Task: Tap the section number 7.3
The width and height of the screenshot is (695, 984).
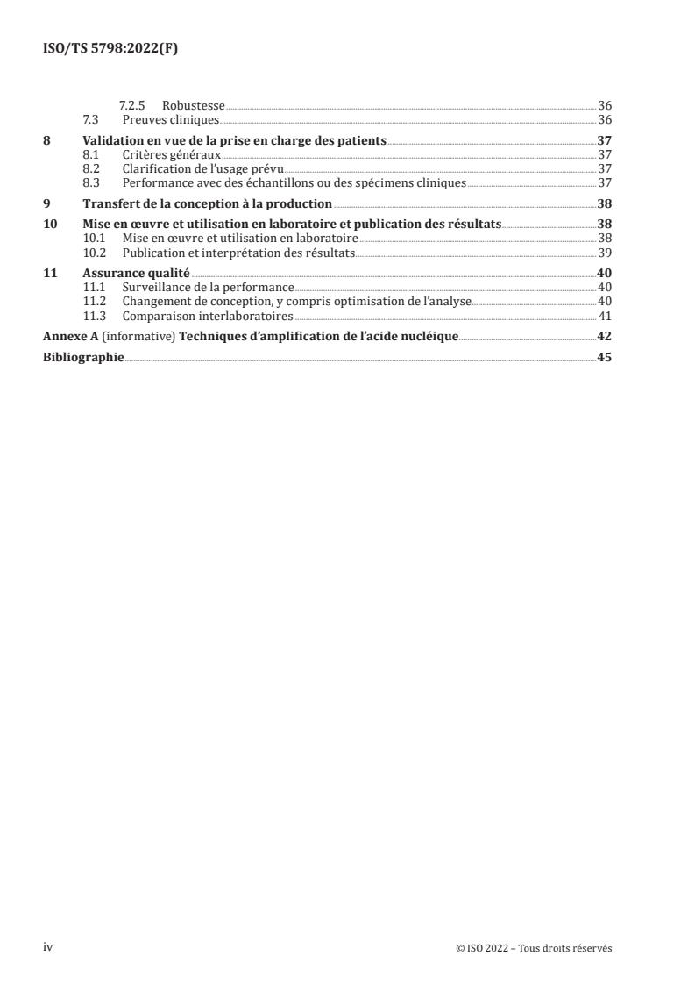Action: pos(89,119)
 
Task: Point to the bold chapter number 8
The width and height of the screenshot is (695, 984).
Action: pos(47,139)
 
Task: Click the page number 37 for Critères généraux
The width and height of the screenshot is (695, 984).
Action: pos(604,154)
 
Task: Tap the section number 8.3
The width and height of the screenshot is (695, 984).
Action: pos(89,182)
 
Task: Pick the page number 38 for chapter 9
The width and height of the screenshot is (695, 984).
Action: pos(604,203)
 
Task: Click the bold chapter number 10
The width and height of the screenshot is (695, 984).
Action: pos(50,224)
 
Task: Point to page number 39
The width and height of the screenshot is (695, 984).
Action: pos(604,252)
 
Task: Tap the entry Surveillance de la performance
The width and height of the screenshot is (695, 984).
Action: pos(208,287)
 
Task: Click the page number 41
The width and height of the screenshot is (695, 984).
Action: pos(604,316)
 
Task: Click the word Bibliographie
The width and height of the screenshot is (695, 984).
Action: pos(83,357)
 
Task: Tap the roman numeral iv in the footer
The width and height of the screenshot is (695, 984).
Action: pos(48,948)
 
